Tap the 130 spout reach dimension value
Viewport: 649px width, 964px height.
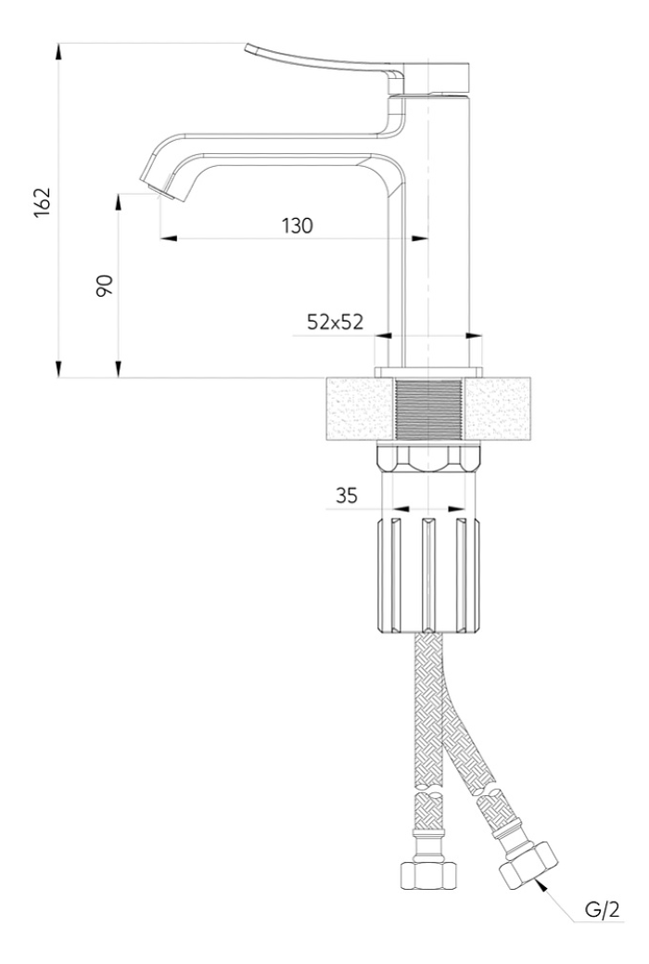point(298,226)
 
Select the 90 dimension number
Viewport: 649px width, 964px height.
point(105,285)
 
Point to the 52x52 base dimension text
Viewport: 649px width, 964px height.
point(335,322)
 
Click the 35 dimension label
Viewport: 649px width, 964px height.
point(347,495)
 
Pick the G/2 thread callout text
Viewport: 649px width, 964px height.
point(602,910)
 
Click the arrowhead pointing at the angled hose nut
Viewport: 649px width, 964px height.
point(541,886)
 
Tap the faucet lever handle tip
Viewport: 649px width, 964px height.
point(248,48)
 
